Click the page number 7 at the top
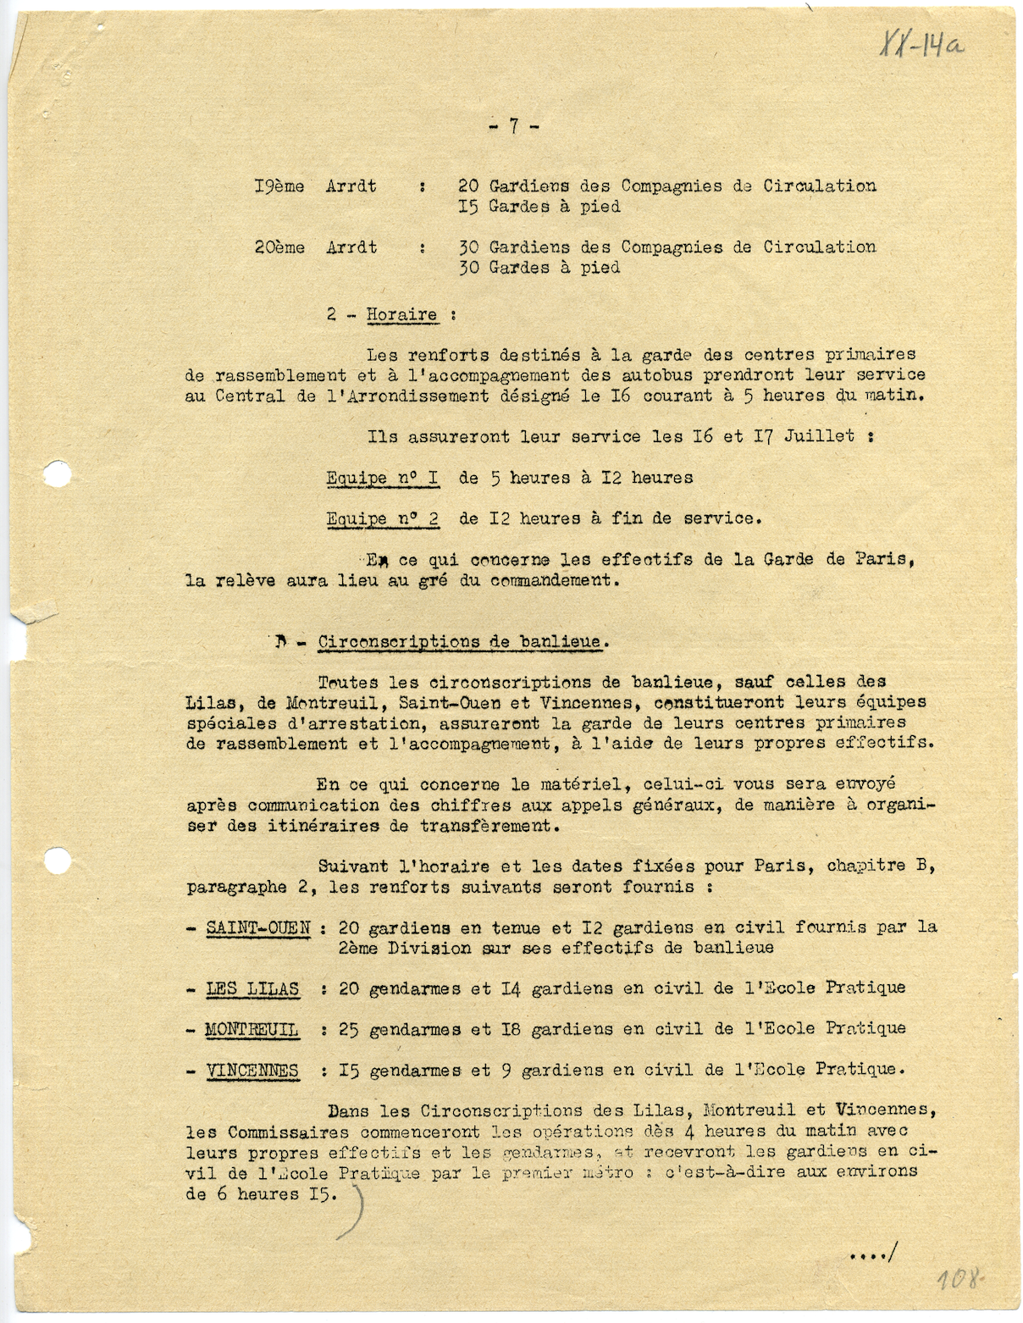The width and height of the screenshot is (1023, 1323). tap(513, 127)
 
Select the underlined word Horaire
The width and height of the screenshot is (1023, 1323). tap(401, 315)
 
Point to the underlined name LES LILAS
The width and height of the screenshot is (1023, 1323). tap(252, 988)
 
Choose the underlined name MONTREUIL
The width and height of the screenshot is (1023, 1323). tap(252, 1030)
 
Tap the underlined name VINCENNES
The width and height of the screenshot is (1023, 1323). tap(252, 1071)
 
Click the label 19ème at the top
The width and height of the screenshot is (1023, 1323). tap(279, 186)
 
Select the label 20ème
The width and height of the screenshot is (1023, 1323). tap(279, 248)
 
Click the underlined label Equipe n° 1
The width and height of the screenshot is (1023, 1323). tap(382, 479)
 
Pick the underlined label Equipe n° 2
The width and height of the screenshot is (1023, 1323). tap(382, 519)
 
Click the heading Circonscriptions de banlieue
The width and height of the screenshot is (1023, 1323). tap(462, 642)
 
